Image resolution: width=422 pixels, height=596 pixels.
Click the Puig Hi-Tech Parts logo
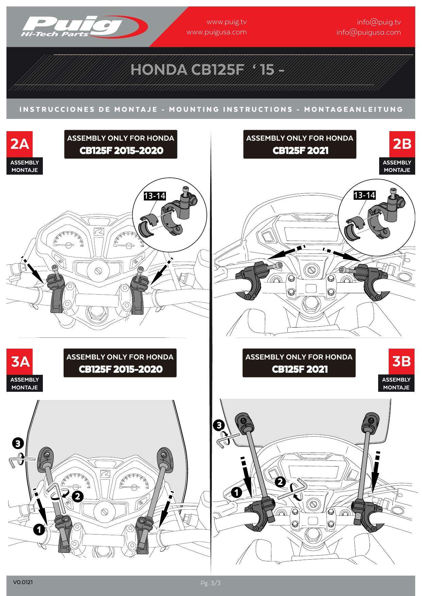point(84,27)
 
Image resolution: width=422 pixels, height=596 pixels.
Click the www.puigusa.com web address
point(217,32)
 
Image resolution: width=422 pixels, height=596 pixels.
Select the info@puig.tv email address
point(379,22)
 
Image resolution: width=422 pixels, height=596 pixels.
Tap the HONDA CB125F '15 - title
point(207,70)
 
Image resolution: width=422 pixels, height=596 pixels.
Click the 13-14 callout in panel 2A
point(154,196)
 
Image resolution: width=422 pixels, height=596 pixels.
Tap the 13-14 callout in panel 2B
point(364,195)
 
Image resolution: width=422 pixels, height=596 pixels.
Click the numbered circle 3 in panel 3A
point(18,443)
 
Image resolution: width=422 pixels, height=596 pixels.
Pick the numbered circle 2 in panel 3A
point(78,496)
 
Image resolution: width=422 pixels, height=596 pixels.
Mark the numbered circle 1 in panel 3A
point(39,529)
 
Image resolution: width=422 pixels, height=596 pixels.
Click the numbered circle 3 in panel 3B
point(218,425)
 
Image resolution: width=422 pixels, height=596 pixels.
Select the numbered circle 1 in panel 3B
point(236,492)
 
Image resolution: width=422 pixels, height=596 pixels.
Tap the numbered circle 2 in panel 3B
point(280,482)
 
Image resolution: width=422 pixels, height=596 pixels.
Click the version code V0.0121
point(23,582)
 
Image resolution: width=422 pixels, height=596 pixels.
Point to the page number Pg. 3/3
point(211,583)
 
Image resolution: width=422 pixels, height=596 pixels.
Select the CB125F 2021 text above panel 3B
point(300,369)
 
